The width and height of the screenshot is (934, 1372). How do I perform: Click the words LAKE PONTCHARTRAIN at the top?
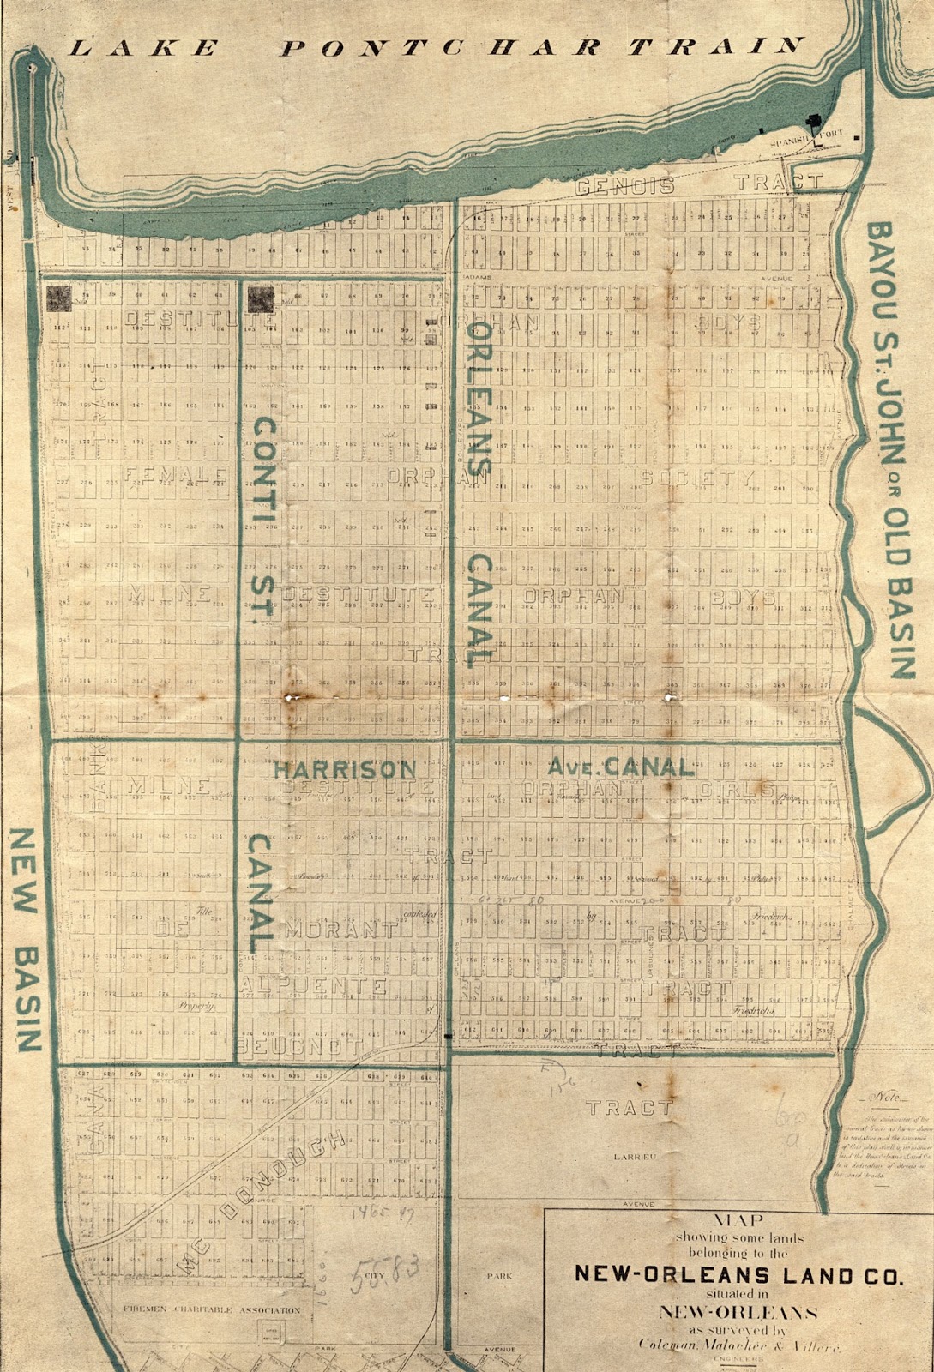(436, 47)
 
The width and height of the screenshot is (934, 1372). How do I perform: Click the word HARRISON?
(345, 769)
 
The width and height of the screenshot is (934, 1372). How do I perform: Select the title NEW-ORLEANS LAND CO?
(738, 1276)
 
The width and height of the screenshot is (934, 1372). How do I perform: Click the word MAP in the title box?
(738, 1221)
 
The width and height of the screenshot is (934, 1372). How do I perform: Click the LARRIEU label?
(635, 1157)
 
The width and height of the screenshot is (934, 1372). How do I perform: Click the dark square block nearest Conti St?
(260, 299)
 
